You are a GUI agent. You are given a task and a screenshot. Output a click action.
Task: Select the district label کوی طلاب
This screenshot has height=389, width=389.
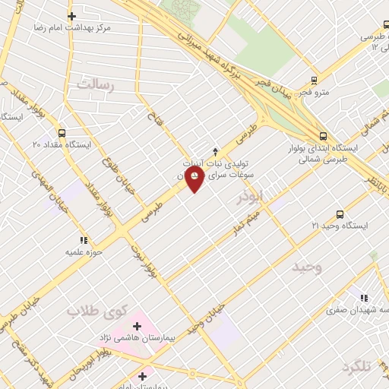[x=94, y=311]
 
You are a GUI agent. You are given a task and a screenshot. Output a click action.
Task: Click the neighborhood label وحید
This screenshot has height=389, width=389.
[x=307, y=267]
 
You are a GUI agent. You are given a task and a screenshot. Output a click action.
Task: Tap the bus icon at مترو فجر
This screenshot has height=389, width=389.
[x=315, y=80]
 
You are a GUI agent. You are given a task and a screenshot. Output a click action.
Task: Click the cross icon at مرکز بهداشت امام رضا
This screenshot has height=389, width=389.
[x=71, y=16]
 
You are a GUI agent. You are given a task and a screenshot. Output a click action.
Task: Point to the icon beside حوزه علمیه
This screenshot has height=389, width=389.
[x=83, y=240]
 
